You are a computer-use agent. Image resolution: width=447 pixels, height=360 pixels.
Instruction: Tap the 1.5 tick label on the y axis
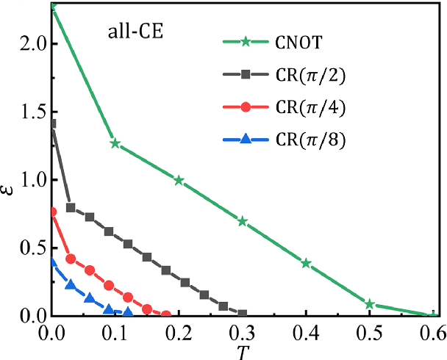[x=26, y=111]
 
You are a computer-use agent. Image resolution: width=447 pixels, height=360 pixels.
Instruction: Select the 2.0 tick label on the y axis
[x=26, y=43]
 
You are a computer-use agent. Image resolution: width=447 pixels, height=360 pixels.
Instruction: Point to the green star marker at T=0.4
[x=307, y=263]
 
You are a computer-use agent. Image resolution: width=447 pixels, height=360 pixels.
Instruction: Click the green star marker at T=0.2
[x=179, y=180]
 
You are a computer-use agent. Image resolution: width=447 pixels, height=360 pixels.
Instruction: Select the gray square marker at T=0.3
[x=243, y=314]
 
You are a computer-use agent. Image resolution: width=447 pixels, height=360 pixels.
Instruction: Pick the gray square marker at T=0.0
[x=52, y=123]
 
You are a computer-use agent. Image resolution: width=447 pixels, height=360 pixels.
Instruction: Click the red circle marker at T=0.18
[x=166, y=314]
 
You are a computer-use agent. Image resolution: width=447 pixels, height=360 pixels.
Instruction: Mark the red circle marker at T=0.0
[x=52, y=212]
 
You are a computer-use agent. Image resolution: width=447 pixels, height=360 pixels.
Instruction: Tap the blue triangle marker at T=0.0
[x=52, y=262]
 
